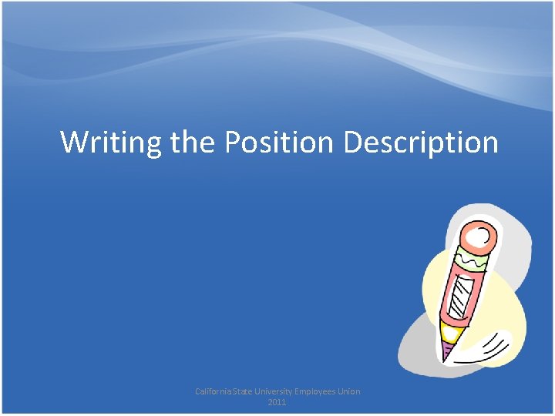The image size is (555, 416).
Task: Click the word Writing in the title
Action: (x=112, y=143)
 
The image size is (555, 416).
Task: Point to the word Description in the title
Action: (x=421, y=143)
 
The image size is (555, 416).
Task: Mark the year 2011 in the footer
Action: (x=277, y=402)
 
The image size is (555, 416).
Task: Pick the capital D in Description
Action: (x=353, y=143)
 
